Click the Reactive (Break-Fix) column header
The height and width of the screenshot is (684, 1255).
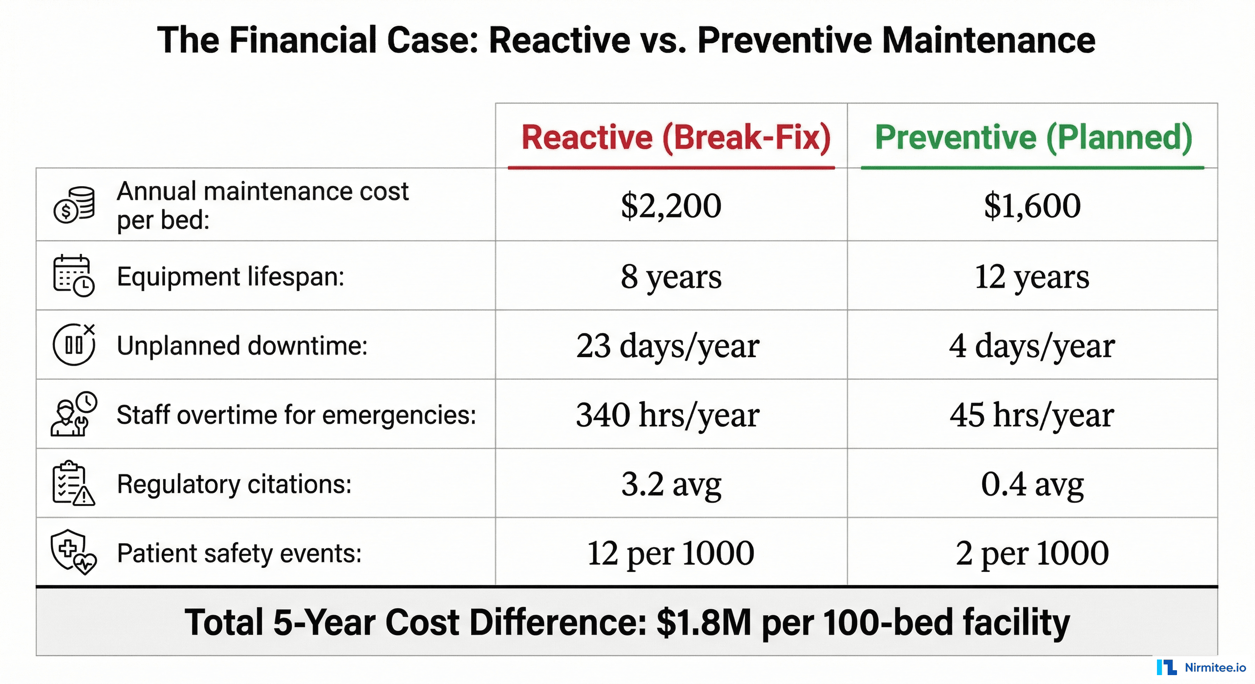click(675, 137)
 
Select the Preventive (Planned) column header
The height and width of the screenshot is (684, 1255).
click(1034, 137)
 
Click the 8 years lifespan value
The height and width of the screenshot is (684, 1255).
click(671, 277)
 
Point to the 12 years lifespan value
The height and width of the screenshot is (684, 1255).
click(1032, 277)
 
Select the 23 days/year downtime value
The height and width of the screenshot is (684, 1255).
click(668, 346)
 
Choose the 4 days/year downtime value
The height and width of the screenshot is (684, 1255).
click(1032, 346)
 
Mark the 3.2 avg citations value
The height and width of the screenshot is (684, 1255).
click(671, 484)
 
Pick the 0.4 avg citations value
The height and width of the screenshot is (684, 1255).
click(1032, 484)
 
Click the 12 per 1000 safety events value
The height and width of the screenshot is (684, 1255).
click(671, 553)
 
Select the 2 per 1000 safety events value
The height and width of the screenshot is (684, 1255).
click(1032, 553)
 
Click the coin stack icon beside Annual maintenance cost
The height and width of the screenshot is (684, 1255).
click(74, 205)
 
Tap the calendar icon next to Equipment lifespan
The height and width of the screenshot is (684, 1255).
click(74, 276)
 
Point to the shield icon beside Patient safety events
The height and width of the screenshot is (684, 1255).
click(74, 552)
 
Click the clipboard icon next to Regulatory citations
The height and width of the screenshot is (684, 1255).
click(74, 484)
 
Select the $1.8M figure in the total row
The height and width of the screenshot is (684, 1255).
click(704, 623)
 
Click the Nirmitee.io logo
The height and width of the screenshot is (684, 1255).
click(1201, 668)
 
